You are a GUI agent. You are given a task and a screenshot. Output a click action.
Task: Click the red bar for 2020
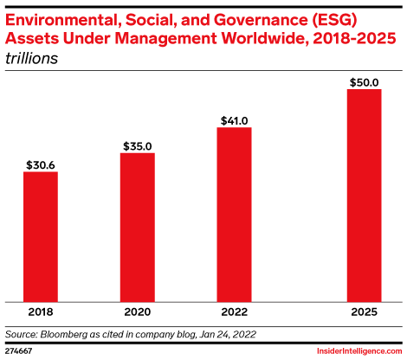point(137,227)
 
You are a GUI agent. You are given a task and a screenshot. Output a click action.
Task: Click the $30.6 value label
point(41,164)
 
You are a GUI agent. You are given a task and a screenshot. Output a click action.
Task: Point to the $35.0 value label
point(137,145)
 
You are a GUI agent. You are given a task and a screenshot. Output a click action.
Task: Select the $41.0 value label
point(234,119)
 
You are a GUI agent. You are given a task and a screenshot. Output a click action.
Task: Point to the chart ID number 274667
point(19,351)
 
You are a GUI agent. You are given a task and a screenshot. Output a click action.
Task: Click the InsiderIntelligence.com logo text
point(354,350)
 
